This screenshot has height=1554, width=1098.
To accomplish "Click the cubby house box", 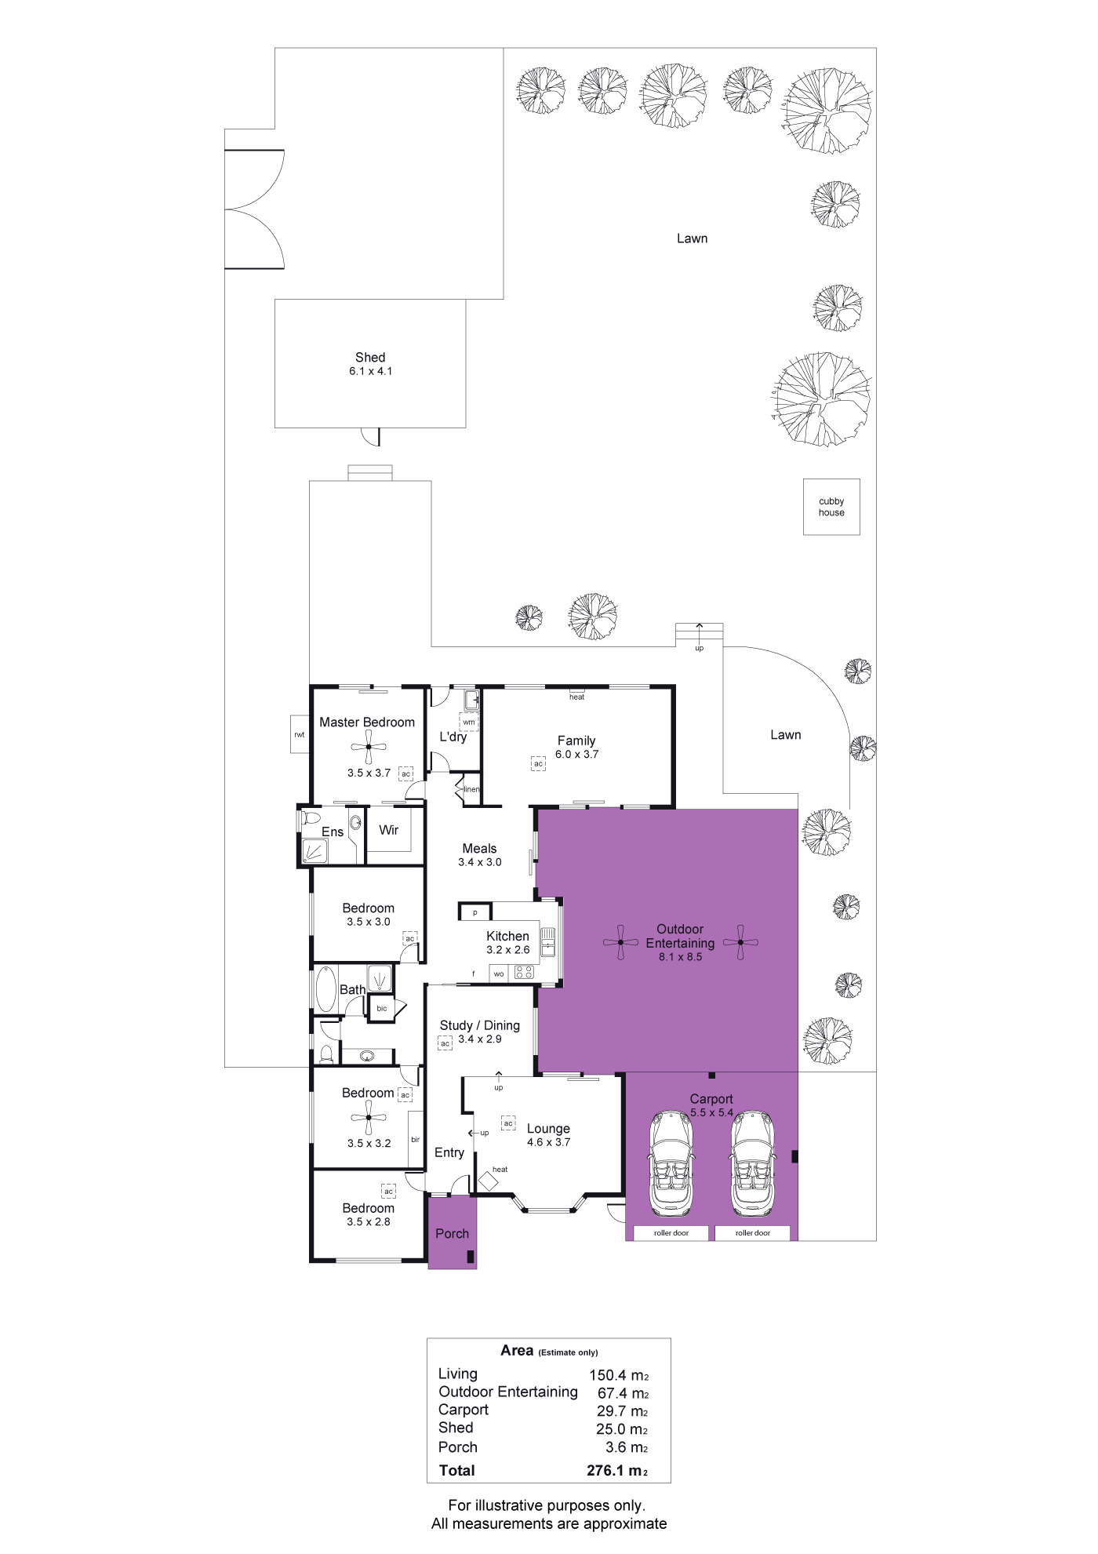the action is [831, 507].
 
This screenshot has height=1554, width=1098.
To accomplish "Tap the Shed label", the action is [370, 357].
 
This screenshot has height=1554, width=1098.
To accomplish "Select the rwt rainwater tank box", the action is [300, 734].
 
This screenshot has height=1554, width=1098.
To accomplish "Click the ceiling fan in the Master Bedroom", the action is [368, 748].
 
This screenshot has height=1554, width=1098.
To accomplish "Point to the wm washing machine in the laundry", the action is [469, 722].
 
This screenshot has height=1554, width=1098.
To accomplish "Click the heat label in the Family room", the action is [576, 697].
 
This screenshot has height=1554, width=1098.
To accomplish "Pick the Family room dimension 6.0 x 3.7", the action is [576, 755].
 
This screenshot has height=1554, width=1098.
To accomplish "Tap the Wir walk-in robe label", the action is [389, 830].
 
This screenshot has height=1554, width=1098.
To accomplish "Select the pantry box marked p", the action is [475, 912].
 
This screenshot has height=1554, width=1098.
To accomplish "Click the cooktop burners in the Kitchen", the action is [524, 973].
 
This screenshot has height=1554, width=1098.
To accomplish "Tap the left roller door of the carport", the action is [671, 1232].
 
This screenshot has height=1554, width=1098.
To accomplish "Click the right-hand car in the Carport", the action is [753, 1163].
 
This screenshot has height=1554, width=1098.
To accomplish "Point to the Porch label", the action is [453, 1233].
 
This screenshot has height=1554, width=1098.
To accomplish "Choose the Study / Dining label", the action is [480, 1025].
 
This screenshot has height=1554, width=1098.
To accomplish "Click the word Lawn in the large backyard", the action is [692, 238].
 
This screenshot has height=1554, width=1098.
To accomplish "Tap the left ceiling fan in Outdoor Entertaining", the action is [620, 942].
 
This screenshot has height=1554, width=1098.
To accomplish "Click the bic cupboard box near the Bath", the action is [382, 1008].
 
